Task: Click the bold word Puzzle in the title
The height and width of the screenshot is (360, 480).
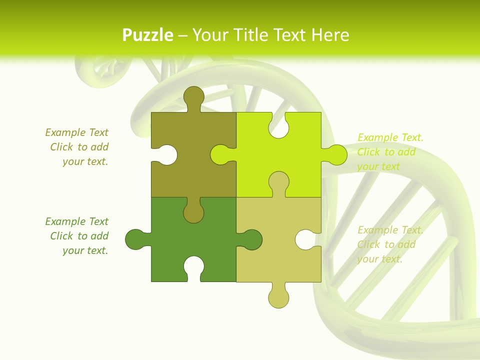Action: coord(148,35)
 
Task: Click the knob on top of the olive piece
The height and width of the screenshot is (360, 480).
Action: coord(194,97)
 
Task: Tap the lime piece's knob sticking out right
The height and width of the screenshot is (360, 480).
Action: coord(336,154)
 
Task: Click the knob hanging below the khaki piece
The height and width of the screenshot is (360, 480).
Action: coord(278,297)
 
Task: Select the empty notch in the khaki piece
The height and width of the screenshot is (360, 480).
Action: coord(305,239)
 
